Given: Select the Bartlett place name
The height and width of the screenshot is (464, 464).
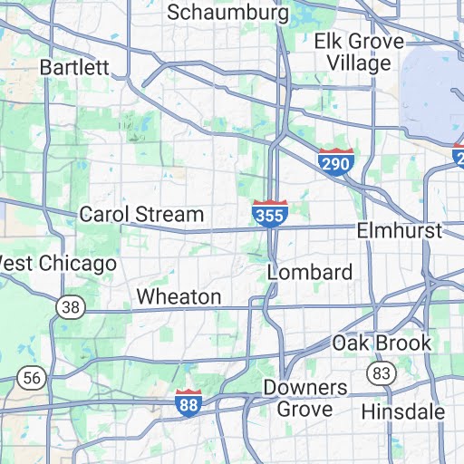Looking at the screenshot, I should [74, 67].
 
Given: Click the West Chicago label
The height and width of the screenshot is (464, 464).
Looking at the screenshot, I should [56, 264].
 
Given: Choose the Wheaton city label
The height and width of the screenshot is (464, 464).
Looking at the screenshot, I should [179, 297].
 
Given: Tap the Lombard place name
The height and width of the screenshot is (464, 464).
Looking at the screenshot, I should [310, 273].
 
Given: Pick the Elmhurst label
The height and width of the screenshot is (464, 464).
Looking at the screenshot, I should [399, 231].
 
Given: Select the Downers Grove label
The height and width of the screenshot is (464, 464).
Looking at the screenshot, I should [305, 398].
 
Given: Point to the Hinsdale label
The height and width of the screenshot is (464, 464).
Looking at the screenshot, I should [403, 411].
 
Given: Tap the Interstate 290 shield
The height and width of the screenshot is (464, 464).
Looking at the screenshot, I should [335, 162].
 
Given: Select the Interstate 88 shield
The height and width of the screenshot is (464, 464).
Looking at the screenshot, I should [188, 403].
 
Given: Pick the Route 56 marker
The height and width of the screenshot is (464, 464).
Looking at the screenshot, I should [32, 377].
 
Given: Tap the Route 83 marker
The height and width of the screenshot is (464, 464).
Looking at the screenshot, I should [380, 372].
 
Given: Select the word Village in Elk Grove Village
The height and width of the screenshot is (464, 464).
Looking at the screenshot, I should [361, 63].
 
